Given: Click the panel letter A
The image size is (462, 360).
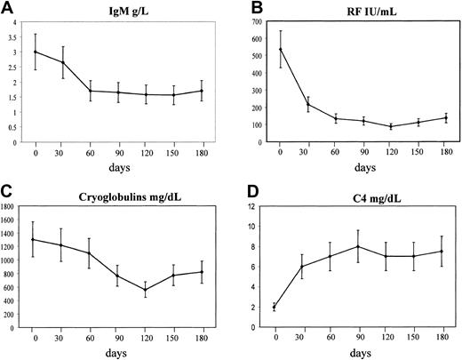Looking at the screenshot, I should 8,9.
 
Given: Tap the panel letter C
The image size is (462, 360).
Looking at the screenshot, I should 8,189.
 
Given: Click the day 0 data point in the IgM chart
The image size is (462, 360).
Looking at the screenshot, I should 36,52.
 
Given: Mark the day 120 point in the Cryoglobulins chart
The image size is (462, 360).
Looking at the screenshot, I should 146,290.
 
